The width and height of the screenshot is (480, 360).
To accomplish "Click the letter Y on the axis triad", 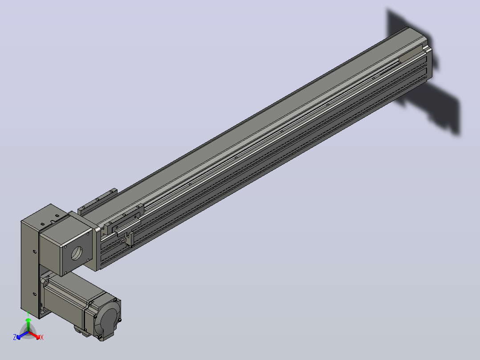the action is tap(28, 313).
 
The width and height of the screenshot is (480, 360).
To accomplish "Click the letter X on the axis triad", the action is tap(42, 337).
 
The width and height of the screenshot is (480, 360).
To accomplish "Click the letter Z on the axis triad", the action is tap(14, 337).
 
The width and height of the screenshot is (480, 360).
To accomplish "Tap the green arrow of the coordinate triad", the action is tap(28, 324).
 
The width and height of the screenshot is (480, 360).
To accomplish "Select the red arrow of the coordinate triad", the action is tap(35, 335).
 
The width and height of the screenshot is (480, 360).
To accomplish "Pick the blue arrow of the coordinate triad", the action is tap(22, 335).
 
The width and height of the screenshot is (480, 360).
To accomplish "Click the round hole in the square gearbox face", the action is tap(77, 253).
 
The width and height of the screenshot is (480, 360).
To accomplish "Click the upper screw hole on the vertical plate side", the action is tap(35, 252).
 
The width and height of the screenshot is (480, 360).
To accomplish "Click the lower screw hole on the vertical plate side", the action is tap(35, 294).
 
